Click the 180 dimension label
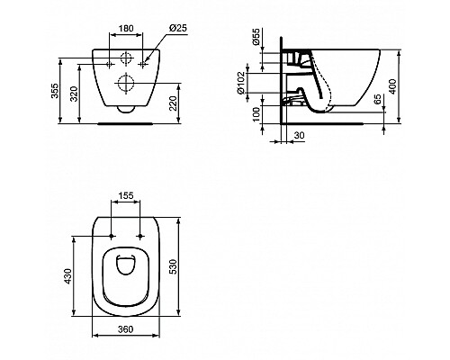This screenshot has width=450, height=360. [126, 29]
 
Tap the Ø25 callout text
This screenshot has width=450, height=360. [178, 28]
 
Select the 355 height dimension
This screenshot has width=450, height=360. [55, 91]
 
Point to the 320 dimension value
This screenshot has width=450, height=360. [74, 94]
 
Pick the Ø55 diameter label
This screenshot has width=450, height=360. [256, 37]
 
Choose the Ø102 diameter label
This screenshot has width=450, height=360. [241, 84]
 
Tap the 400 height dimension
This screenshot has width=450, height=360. [393, 86]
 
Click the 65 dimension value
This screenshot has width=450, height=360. [378, 99]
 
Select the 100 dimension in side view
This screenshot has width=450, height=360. [256, 114]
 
